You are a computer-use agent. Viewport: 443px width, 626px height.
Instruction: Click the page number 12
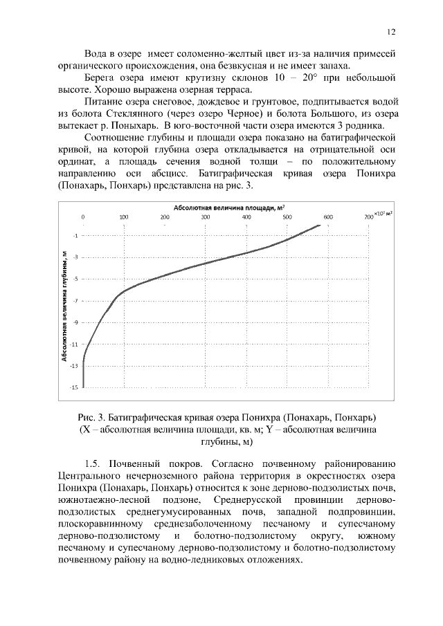pyautogui.click(x=390, y=32)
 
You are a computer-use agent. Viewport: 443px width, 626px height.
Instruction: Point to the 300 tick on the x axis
pyautogui.click(x=206, y=217)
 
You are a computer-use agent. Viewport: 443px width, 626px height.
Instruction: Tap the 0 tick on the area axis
pyautogui.click(x=84, y=217)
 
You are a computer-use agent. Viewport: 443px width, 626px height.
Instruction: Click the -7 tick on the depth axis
pyautogui.click(x=75, y=301)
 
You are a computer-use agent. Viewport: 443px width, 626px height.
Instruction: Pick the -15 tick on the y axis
pyautogui.click(x=74, y=387)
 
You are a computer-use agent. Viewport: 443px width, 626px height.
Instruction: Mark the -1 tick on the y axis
pyautogui.click(x=75, y=236)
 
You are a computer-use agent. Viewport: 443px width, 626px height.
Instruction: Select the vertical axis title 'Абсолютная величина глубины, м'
pyautogui.click(x=64, y=306)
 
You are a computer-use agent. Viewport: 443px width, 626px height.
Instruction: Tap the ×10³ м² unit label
pyautogui.click(x=383, y=214)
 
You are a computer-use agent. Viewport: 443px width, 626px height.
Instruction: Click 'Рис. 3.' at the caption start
pyautogui.click(x=91, y=417)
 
